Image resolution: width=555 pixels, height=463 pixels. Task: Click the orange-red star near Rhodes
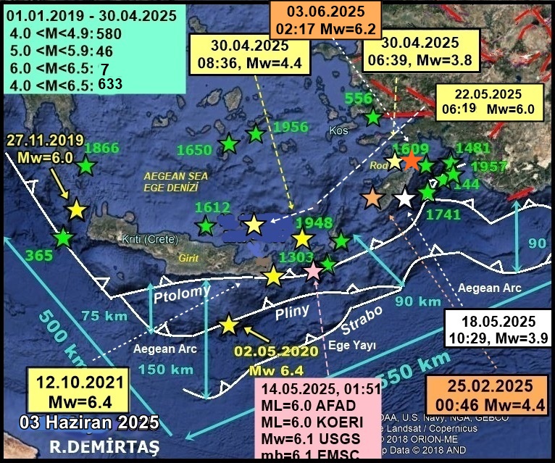tap(411, 161)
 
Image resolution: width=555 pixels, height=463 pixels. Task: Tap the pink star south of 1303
tap(313, 272)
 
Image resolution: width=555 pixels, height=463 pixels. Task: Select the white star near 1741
tap(404, 197)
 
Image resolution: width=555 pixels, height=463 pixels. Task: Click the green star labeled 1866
tap(86, 166)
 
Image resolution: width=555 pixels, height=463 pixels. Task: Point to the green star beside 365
tap(64, 237)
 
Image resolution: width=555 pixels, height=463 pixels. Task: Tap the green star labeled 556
tap(373, 116)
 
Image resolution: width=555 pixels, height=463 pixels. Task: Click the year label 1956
tap(291, 128)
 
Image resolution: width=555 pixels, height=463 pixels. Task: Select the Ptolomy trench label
tap(182, 295)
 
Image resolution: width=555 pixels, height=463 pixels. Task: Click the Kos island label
tap(338, 131)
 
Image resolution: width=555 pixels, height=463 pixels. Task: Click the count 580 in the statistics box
tap(107, 33)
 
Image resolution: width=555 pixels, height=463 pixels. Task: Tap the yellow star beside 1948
tap(301, 239)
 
